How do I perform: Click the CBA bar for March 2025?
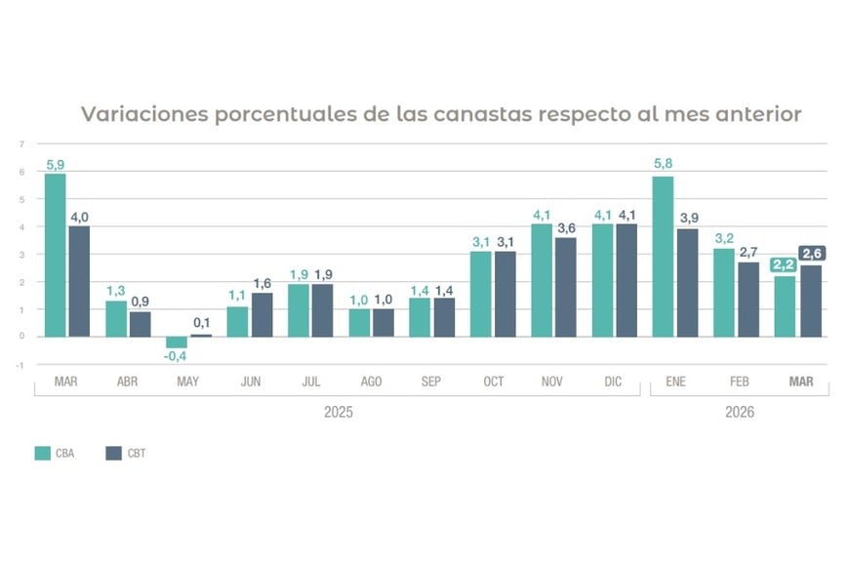55,255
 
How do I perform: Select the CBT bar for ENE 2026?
687,283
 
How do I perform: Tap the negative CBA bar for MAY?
177,343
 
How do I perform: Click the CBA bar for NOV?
542,280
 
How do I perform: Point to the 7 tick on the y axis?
20,144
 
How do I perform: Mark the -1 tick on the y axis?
20,364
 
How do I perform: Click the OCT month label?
494,382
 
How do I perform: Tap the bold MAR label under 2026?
801,382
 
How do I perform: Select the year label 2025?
338,413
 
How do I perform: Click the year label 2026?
739,413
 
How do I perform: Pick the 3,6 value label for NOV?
566,227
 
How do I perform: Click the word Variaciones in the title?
143,114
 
